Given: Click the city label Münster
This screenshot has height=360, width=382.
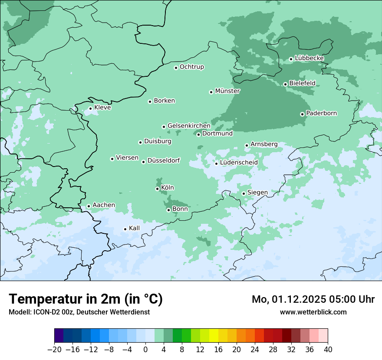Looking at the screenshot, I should [x=227, y=91].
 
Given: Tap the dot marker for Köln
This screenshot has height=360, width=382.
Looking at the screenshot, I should [x=157, y=189].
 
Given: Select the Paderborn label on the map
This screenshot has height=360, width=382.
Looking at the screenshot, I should [x=321, y=113].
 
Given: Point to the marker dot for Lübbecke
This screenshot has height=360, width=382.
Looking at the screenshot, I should [x=291, y=59].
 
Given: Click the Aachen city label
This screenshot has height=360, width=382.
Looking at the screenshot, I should [x=104, y=205].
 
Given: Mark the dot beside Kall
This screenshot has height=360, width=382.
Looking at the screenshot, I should [x=125, y=229].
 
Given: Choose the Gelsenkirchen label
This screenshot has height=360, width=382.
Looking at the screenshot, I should [x=189, y=126].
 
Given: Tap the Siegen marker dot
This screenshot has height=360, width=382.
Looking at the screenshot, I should [x=244, y=193].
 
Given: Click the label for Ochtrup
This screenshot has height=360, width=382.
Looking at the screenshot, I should [x=192, y=67].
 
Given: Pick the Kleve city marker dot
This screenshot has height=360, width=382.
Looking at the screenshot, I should [x=90, y=108].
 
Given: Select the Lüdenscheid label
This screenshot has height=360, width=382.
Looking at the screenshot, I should [x=239, y=163].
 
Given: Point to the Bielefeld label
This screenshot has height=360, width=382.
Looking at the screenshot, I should [x=302, y=83].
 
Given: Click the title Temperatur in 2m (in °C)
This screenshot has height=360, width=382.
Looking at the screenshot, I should [x=86, y=299].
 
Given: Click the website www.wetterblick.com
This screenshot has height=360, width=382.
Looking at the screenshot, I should [x=313, y=312].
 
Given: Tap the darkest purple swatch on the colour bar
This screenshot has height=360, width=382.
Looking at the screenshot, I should [x=59, y=336].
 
